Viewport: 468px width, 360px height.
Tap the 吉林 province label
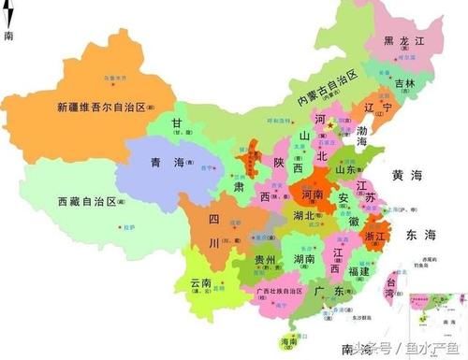(405, 83)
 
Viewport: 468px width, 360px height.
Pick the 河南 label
(314, 193)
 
